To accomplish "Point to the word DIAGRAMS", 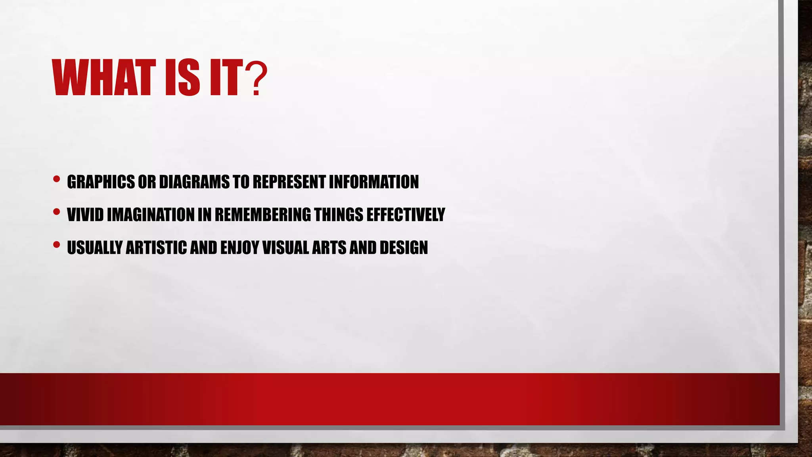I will click(194, 182).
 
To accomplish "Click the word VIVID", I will click(85, 215).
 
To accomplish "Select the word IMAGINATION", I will click(151, 215).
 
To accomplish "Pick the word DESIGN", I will click(404, 248).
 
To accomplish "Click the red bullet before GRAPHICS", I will click(56, 179).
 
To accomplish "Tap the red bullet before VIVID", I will click(56, 212).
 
